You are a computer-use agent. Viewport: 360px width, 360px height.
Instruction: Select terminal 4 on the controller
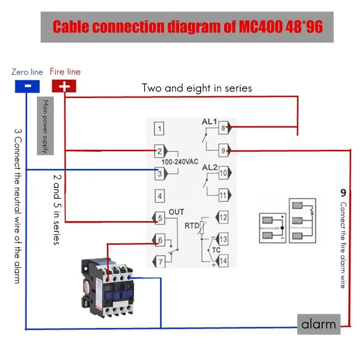(x=159, y=196)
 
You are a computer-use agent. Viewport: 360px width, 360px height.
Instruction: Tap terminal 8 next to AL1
(x=223, y=128)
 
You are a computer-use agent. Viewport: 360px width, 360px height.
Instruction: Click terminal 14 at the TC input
(x=223, y=261)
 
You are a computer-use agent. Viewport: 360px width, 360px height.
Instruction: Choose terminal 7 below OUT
(x=159, y=261)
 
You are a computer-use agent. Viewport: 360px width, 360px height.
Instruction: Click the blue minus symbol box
(x=27, y=85)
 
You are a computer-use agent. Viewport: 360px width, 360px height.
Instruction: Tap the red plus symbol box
(x=64, y=85)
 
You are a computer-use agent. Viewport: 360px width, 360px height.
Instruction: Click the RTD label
(x=192, y=225)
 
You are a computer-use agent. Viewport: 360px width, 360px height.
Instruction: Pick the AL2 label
(x=209, y=167)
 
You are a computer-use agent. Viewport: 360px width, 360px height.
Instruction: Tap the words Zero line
(x=27, y=72)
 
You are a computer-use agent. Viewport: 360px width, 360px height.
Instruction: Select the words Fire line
(x=65, y=72)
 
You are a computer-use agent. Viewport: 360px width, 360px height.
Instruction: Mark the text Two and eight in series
(x=197, y=88)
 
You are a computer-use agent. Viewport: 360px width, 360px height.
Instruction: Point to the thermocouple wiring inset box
(x=272, y=228)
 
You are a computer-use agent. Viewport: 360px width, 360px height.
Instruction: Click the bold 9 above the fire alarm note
(x=342, y=193)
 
